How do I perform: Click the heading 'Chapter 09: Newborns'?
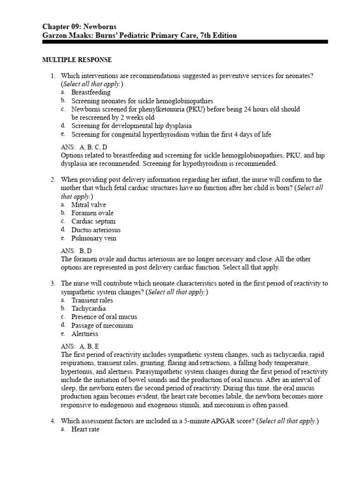(79, 26)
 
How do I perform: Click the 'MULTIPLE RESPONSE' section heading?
(77, 60)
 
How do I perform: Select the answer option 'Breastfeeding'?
(91, 92)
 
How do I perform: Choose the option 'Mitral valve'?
(89, 204)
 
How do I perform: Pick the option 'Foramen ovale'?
(92, 213)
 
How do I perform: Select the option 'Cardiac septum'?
(93, 221)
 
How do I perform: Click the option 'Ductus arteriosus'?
(96, 230)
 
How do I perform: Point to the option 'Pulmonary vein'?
(94, 238)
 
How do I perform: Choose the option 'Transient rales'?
(92, 300)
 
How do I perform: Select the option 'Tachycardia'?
(89, 308)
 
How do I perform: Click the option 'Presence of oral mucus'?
(104, 317)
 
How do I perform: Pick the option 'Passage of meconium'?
(102, 325)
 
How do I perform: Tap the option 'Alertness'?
(85, 334)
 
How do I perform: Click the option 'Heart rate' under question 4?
(85, 429)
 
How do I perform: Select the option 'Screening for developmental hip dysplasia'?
(131, 126)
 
